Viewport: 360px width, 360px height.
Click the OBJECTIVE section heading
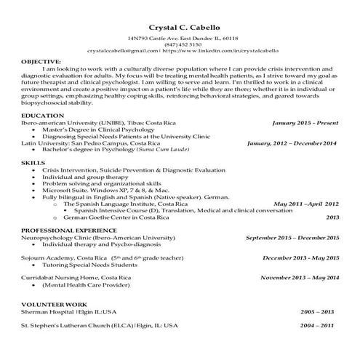point(41,63)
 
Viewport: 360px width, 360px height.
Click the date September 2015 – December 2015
point(292,238)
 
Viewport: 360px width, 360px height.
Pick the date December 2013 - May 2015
point(300,257)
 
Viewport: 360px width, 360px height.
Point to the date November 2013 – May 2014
point(299,278)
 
